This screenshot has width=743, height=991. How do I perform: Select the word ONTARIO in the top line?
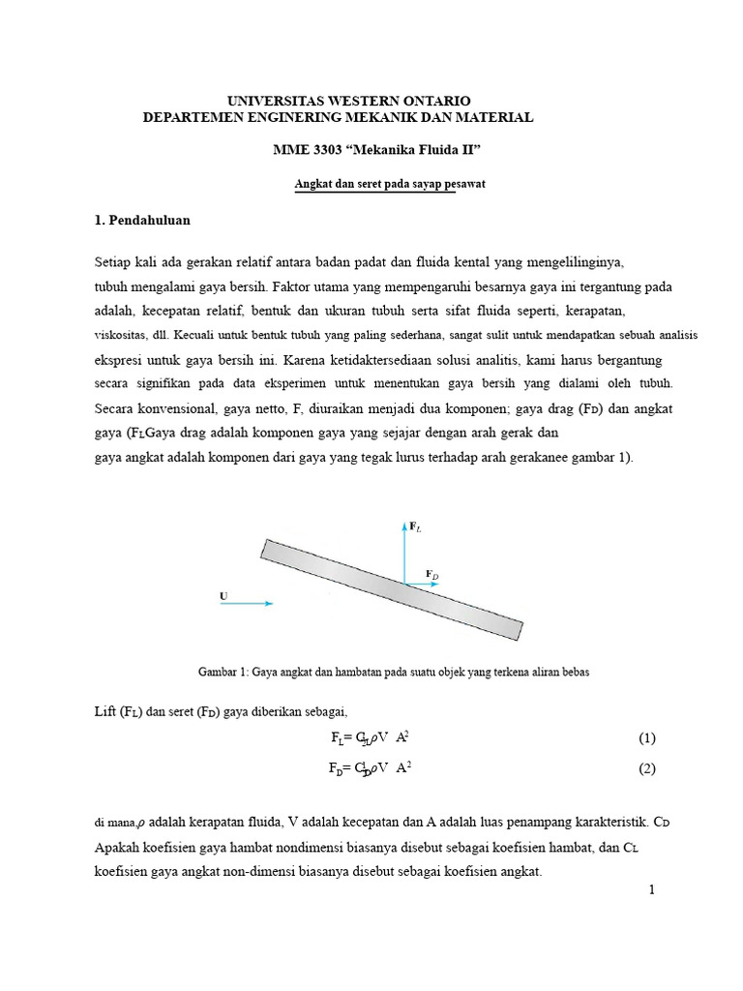click(435, 101)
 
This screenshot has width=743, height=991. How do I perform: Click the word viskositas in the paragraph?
click(120, 336)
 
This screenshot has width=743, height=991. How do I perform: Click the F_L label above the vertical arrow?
click(415, 526)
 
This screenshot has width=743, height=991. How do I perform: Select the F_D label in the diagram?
click(432, 575)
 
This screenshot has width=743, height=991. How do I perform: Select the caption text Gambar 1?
click(223, 671)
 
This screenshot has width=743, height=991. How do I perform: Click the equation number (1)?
click(647, 738)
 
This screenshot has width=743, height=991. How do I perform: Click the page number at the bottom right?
click(652, 890)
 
